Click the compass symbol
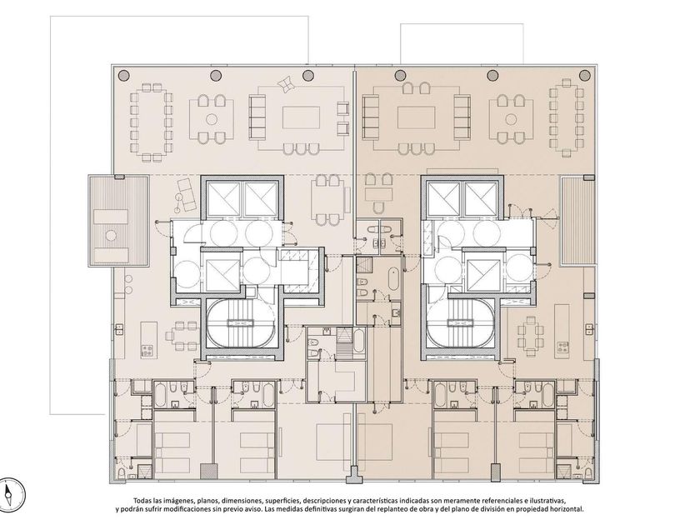pos(12,495)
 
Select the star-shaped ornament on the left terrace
pos(285,84)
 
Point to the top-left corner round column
pos(123,75)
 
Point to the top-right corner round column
pos(584,75)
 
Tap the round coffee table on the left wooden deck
pos(111,235)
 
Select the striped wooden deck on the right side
pos(573,221)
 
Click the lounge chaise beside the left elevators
pos(187,195)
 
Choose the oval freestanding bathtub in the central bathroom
pos(393,279)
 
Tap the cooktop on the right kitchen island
pos(562,347)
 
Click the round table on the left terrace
pos(212,118)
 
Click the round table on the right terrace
pos(510,118)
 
